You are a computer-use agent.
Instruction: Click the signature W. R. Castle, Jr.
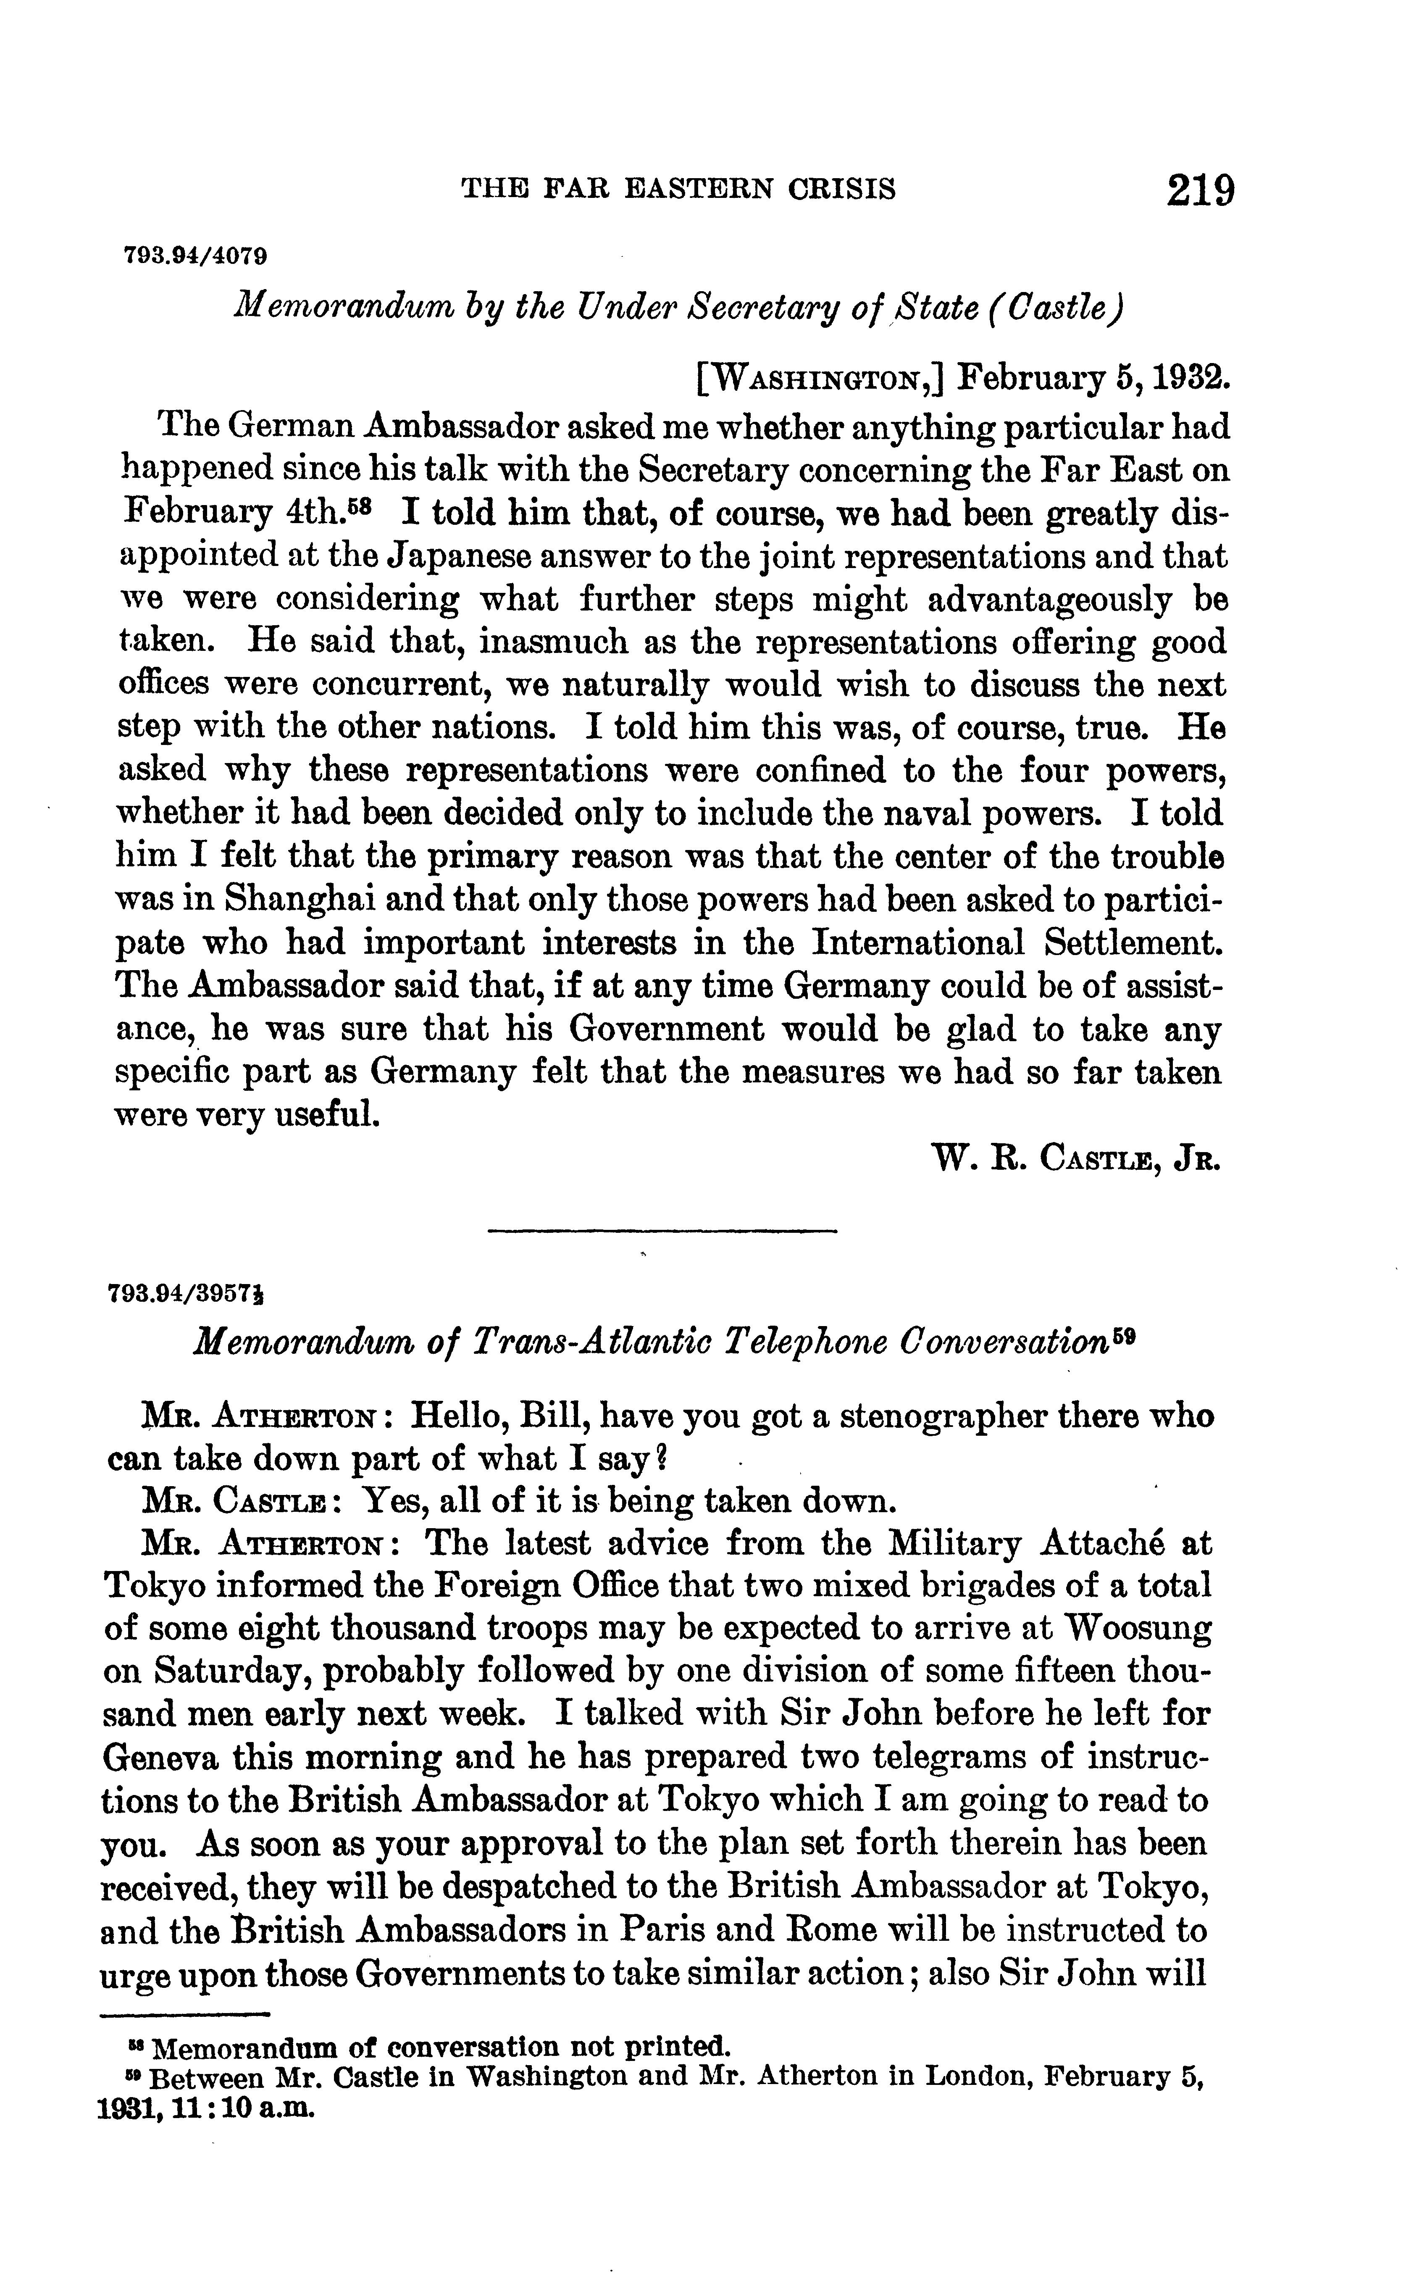pyautogui.click(x=1076, y=1157)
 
